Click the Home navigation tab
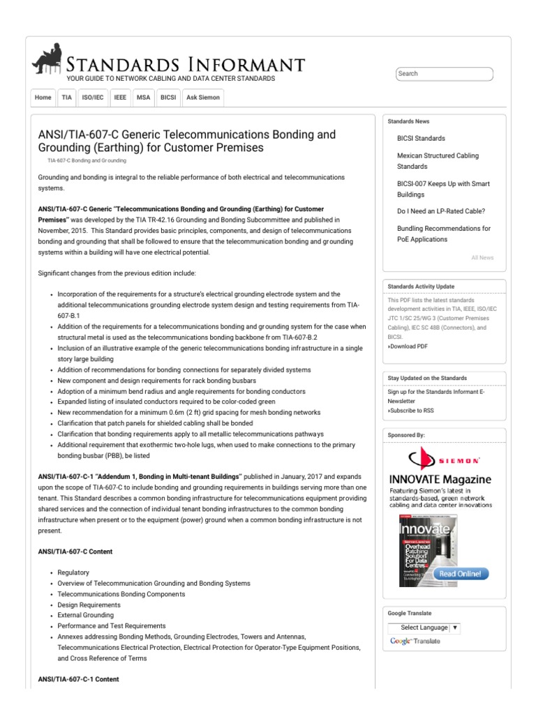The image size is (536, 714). point(43,98)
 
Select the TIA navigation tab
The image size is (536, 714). point(66,98)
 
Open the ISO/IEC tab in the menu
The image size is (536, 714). point(93,98)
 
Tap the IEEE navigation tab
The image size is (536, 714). point(120,98)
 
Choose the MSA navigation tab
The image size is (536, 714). point(143,98)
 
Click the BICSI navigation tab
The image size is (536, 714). point(168,98)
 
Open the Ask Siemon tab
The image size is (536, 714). point(203,98)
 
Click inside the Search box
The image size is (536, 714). point(444,74)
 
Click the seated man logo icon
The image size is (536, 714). point(47,59)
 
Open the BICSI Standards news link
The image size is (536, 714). point(421,139)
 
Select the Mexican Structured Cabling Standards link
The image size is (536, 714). point(438,161)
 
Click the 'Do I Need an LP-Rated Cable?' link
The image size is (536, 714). point(440,211)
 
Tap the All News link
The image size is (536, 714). point(482,258)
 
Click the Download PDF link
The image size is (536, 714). point(409,347)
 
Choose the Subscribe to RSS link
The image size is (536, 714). point(412,411)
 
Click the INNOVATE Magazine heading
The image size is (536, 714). point(440,480)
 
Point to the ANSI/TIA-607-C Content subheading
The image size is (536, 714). point(75,552)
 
